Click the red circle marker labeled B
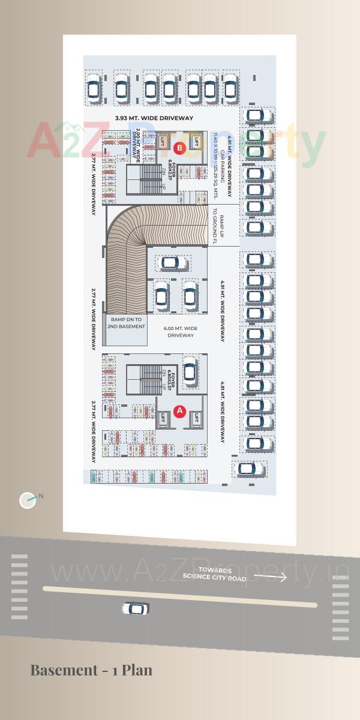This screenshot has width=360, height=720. [179, 148]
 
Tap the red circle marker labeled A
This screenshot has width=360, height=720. [179, 411]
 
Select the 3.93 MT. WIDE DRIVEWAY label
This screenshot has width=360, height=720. [154, 119]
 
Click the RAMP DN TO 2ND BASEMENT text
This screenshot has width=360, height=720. [127, 323]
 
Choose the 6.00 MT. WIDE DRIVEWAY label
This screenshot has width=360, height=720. [181, 332]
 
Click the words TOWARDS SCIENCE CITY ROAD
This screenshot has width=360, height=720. [214, 574]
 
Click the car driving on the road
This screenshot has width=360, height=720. [135, 609]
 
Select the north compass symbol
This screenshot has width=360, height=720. [28, 500]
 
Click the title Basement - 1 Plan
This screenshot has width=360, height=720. [91, 670]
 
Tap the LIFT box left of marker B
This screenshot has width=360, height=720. [163, 142]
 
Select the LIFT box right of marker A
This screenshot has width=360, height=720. [196, 418]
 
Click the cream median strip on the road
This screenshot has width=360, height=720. [180, 596]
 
